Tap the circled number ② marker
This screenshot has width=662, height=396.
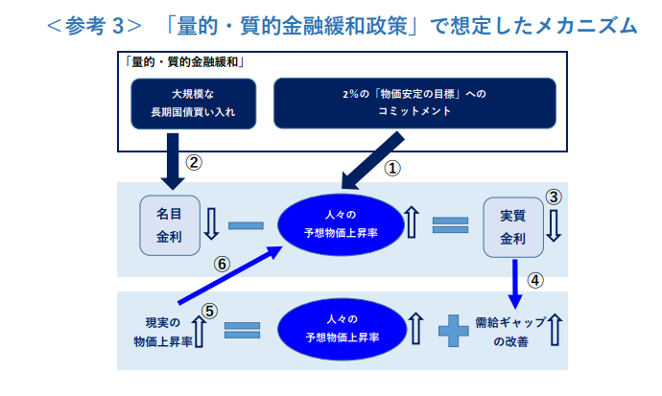pyautogui.click(x=194, y=162)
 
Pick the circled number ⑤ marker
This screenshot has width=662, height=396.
pyautogui.click(x=210, y=310)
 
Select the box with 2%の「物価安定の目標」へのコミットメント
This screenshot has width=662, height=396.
pyautogui.click(x=414, y=104)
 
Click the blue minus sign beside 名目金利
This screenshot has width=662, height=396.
pyautogui.click(x=246, y=226)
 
